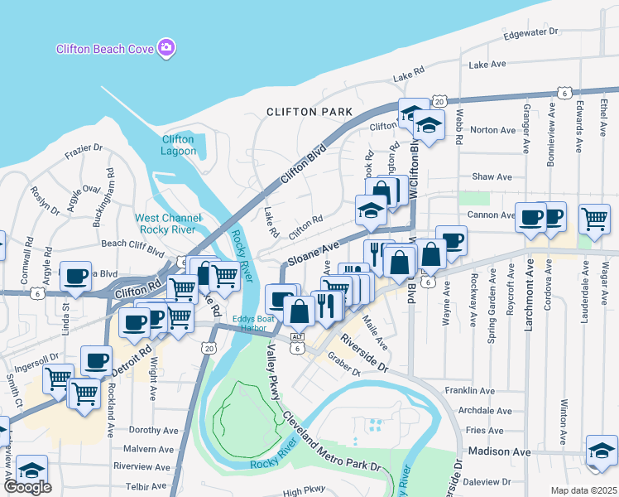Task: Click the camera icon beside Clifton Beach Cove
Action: click(166, 48)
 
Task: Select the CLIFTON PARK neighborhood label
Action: click(309, 111)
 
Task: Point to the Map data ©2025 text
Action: click(583, 490)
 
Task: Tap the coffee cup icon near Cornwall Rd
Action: click(75, 275)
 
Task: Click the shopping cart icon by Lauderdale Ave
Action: click(594, 219)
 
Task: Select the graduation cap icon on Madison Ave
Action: click(602, 450)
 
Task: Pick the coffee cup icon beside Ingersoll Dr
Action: click(96, 360)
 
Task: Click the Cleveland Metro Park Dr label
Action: click(331, 442)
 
